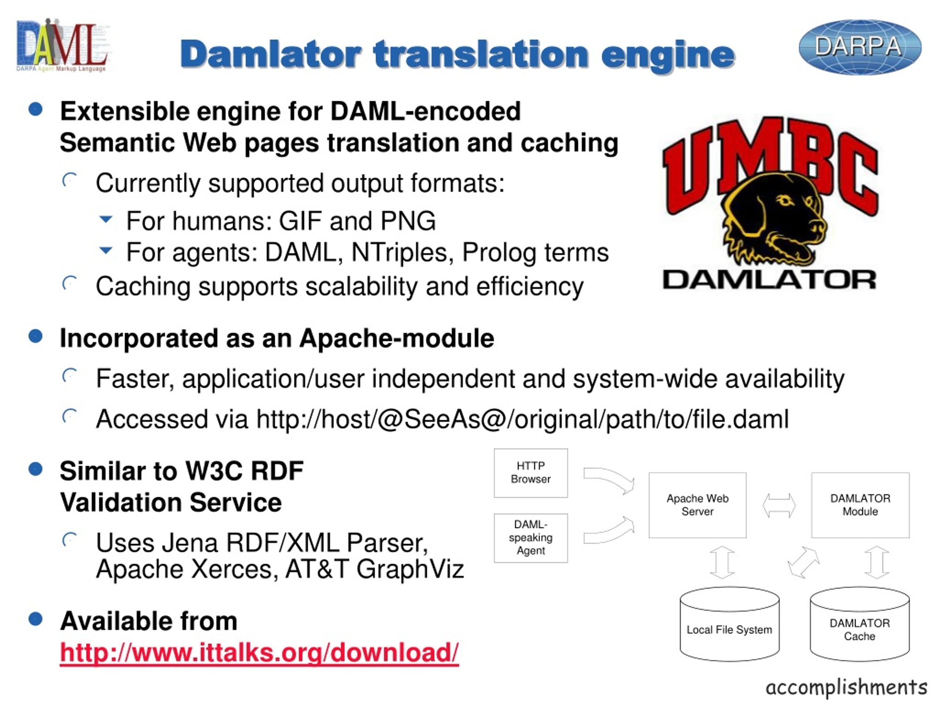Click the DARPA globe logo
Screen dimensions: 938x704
(x=860, y=47)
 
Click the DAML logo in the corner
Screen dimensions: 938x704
(x=62, y=45)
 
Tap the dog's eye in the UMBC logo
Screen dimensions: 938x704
(x=785, y=200)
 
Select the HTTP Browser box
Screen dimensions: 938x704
(x=531, y=473)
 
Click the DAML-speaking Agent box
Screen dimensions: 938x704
(x=531, y=538)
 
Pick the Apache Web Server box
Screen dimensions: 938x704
(x=698, y=505)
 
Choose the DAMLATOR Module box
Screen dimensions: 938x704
(x=860, y=505)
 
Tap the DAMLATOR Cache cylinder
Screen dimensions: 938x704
(x=860, y=624)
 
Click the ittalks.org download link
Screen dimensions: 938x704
(x=259, y=652)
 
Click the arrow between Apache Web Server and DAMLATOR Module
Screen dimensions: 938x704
(x=779, y=505)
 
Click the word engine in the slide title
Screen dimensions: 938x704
(x=668, y=55)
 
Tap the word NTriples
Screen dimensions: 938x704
(x=399, y=253)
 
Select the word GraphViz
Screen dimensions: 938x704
(x=410, y=569)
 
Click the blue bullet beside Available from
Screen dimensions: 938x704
(x=36, y=619)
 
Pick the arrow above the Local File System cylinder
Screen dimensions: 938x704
(x=722, y=562)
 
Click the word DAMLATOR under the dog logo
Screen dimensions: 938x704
(x=769, y=280)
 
